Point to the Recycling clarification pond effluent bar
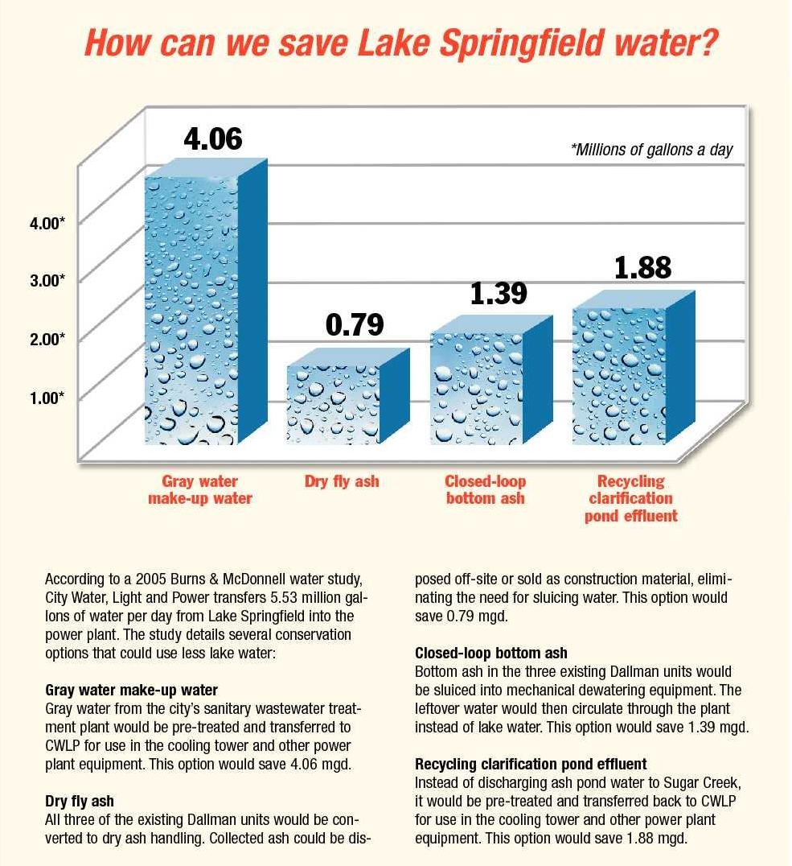(x=620, y=375)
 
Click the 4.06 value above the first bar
(x=212, y=138)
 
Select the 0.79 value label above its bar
(x=355, y=324)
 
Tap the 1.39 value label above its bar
(x=498, y=294)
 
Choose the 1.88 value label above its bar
(x=642, y=267)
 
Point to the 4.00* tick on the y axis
(x=47, y=223)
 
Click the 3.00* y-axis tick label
(x=47, y=280)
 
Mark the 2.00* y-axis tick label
(x=47, y=339)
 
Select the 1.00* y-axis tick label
(x=47, y=397)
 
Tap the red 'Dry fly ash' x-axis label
(x=342, y=482)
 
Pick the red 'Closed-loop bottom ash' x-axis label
(x=485, y=490)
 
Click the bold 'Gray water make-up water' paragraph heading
(x=131, y=690)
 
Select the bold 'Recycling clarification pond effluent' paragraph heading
(x=531, y=763)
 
